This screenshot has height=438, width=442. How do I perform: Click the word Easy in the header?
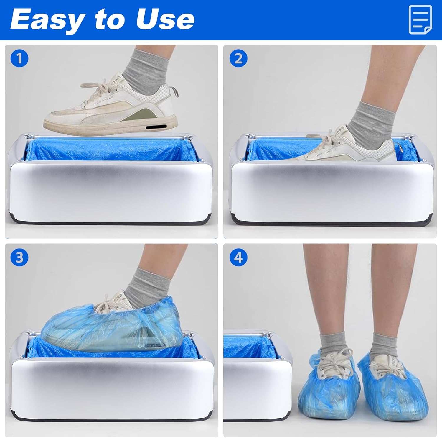click(47, 20)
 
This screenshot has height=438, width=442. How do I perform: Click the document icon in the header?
click(420, 20)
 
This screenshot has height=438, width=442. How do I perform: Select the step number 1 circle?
click(19, 58)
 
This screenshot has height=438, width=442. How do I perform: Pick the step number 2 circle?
click(238, 58)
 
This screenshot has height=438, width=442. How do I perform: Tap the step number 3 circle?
click(19, 257)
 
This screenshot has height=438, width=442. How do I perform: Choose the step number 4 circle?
click(238, 257)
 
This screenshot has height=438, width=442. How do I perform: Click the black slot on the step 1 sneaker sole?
click(156, 127)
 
